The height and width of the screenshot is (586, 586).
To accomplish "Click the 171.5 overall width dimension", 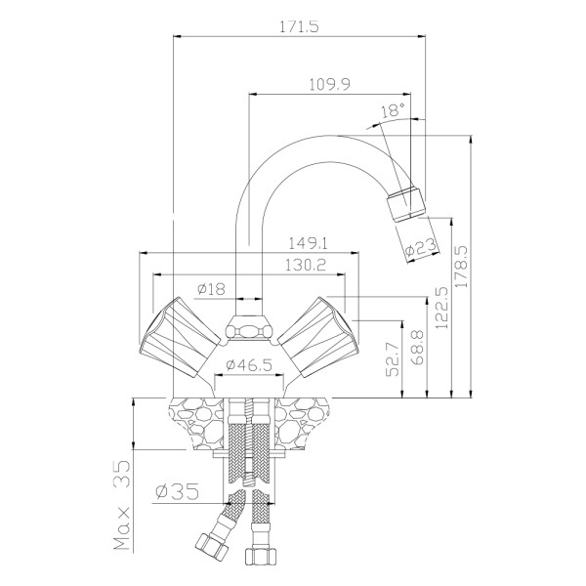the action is [300, 27].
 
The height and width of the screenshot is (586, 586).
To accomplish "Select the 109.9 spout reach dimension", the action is [330, 84].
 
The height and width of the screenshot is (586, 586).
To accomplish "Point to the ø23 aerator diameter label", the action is [421, 247].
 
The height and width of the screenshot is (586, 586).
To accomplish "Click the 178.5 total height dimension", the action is [463, 266].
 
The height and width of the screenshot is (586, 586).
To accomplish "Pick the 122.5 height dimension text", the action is [442, 308].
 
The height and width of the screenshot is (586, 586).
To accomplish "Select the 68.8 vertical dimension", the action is [417, 348].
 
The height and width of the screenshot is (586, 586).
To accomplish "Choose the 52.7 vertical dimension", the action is [393, 358].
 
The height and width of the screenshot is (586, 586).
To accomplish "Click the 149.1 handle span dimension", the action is [309, 243].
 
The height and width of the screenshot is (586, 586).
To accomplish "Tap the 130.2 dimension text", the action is [306, 266].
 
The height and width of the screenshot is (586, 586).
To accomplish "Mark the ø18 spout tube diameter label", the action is [212, 289].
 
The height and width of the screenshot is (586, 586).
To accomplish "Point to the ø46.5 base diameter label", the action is [249, 364].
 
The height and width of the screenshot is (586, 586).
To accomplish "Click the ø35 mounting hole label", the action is [178, 491].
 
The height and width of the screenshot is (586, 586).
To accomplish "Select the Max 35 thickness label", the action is [123, 506].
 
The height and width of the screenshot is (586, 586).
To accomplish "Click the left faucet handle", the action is [180, 337].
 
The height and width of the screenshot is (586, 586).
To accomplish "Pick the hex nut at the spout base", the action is [249, 328].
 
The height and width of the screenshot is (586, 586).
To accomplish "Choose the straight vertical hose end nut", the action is [261, 556].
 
